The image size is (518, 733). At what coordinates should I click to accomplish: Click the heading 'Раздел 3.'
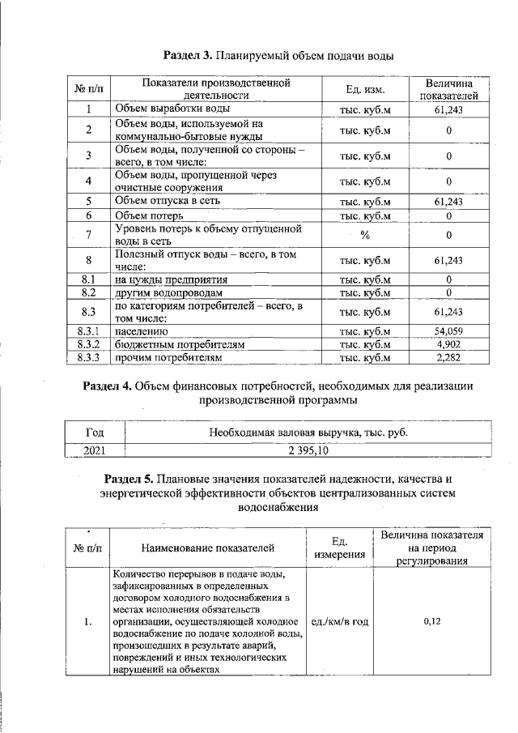tap(189, 56)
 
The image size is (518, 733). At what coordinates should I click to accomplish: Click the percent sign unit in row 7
tap(365, 235)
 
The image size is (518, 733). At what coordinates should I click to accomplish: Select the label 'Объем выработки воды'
tap(172, 108)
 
